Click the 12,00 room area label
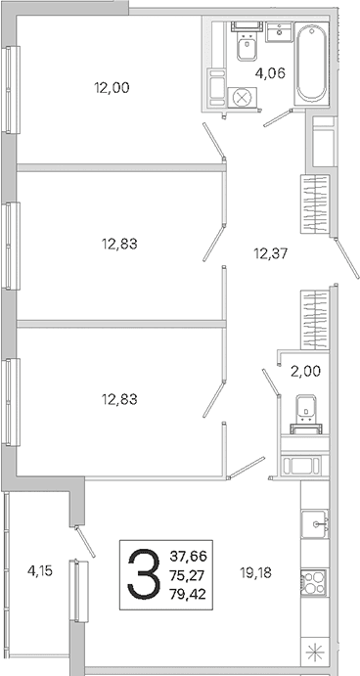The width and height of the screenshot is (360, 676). pos(112,88)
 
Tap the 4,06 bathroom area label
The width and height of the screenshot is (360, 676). pos(270,72)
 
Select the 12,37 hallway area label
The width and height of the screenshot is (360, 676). pos(270,253)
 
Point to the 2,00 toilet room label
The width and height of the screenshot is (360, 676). pos(305,371)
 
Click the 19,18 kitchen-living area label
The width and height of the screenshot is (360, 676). pos(256,573)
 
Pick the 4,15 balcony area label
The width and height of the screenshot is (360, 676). pos(40,571)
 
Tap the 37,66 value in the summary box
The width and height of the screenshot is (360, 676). pos(188,556)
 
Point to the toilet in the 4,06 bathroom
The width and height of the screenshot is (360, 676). pos(247,42)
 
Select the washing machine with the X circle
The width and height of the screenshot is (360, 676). pos(243,97)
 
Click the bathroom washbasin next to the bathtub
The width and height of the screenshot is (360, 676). pos(279,32)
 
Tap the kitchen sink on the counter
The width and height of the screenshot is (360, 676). pos(315,523)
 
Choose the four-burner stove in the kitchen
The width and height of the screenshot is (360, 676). pos(315,582)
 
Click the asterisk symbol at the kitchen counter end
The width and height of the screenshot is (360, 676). pos(314,653)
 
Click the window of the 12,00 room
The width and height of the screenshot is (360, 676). pos(11,89)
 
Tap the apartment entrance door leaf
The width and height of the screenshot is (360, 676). pos(347,258)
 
